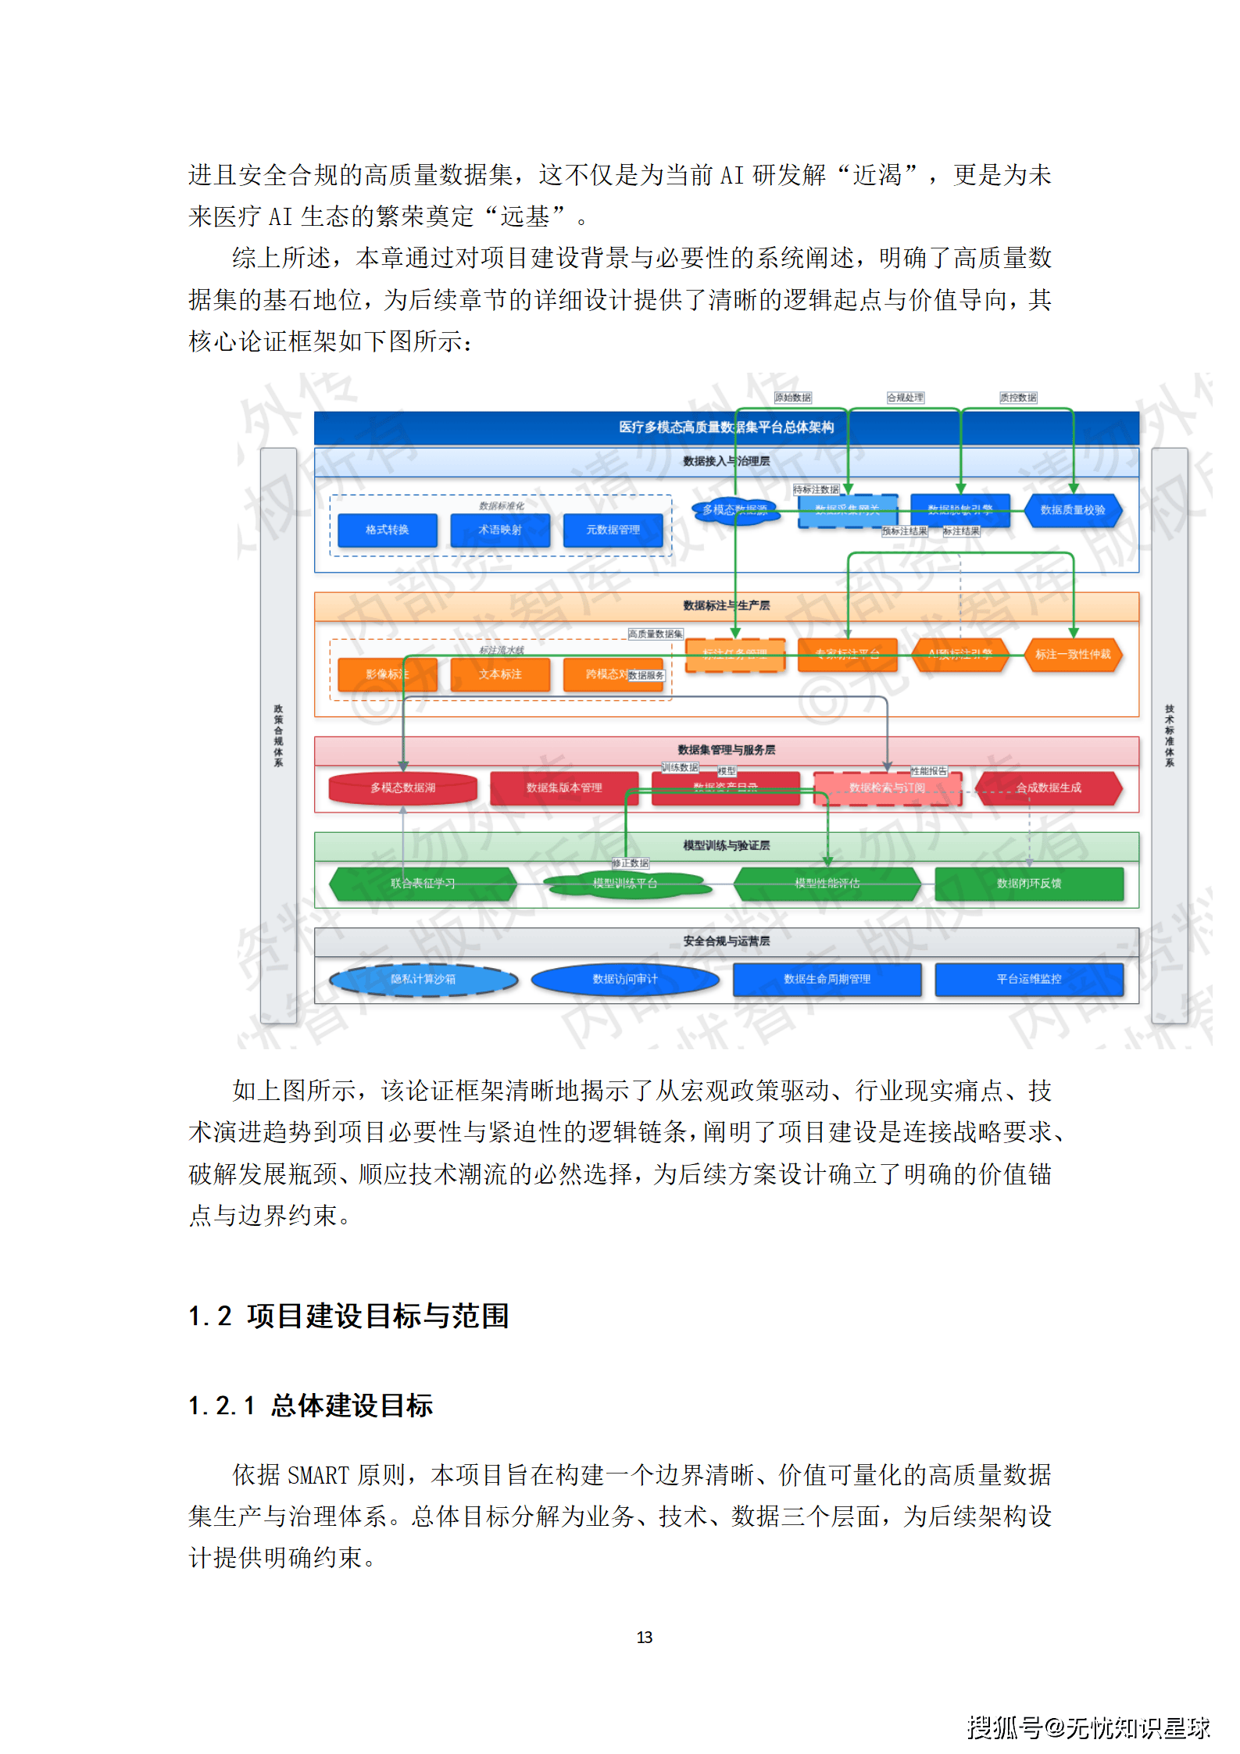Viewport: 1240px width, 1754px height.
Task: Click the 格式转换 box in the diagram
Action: point(388,530)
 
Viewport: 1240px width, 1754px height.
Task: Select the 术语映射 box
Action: point(500,530)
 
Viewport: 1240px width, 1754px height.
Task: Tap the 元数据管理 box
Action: point(613,530)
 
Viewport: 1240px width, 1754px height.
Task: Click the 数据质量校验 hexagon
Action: point(1073,510)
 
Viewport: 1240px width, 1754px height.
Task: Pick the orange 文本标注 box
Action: point(500,674)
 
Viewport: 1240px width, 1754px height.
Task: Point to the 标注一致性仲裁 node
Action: point(1073,654)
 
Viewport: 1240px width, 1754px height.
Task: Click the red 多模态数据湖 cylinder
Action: point(403,788)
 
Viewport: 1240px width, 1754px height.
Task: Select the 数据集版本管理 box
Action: point(564,788)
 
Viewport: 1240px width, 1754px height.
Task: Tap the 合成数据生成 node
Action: point(1049,788)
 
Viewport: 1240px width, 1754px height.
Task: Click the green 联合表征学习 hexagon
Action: point(423,884)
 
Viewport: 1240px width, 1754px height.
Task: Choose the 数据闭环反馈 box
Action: point(1029,884)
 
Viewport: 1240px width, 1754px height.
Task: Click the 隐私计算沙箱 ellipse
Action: point(423,979)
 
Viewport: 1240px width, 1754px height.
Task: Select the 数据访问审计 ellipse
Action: point(625,979)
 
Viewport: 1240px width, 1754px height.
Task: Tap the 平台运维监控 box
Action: point(1029,979)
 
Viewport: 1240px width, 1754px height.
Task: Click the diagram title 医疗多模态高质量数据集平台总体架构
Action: point(726,427)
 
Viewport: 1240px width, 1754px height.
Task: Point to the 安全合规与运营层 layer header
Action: point(726,941)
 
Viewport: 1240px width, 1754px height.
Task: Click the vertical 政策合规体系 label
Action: point(278,735)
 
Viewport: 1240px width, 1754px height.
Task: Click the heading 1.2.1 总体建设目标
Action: point(311,1406)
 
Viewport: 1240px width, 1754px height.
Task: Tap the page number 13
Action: point(645,1637)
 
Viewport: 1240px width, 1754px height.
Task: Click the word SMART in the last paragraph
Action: point(318,1475)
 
